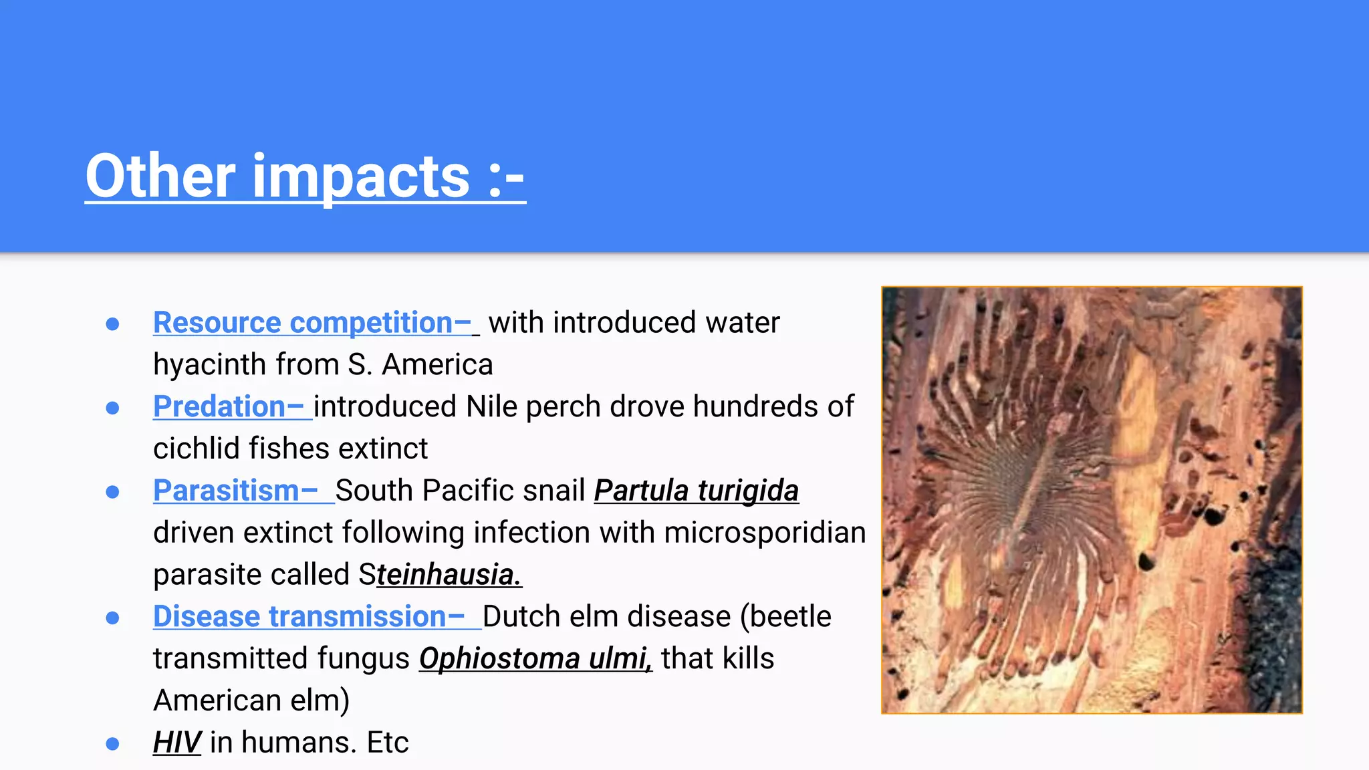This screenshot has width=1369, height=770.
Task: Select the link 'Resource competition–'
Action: (312, 323)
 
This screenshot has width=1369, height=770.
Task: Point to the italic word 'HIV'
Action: (176, 743)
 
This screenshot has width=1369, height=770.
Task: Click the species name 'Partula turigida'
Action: (696, 491)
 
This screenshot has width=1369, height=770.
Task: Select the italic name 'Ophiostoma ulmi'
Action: (535, 658)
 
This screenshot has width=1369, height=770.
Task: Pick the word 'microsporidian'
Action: (765, 533)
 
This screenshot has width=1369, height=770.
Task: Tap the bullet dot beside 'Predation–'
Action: (112, 408)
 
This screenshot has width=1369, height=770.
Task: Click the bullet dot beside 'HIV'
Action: (112, 743)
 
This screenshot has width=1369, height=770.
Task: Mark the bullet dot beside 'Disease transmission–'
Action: (112, 618)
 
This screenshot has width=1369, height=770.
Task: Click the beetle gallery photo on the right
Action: (1092, 500)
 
